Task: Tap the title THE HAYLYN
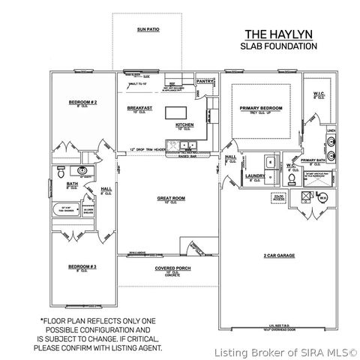pyautogui.click(x=277, y=34)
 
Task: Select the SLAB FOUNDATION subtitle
pyautogui.click(x=277, y=46)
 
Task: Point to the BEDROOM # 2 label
pyautogui.click(x=84, y=102)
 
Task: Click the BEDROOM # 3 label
pyautogui.click(x=83, y=266)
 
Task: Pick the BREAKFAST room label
pyautogui.click(x=139, y=107)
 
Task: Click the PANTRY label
pyautogui.click(x=205, y=80)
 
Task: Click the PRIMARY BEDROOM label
pyautogui.click(x=261, y=108)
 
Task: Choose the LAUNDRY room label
pyautogui.click(x=255, y=175)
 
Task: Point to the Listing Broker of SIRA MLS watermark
pyautogui.click(x=286, y=352)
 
